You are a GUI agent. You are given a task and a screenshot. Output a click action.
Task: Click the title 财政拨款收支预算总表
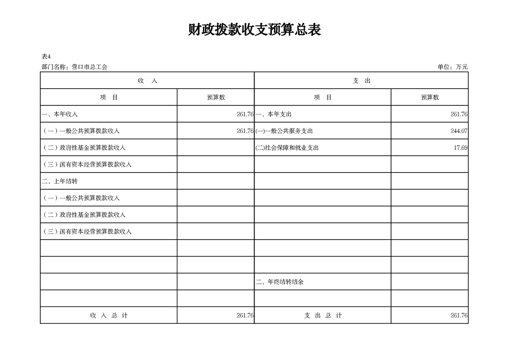click(254, 30)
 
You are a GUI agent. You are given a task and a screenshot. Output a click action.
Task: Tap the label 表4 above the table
click(46, 57)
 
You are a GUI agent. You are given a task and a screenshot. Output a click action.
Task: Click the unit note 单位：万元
click(452, 67)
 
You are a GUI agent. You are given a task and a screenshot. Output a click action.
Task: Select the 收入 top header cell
click(147, 80)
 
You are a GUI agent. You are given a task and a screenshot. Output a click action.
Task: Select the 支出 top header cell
click(362, 80)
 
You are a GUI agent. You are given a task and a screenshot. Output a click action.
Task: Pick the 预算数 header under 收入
click(216, 97)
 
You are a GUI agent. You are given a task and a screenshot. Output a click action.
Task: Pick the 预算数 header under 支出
click(430, 97)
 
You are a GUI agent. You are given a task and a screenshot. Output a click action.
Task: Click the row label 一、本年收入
click(60, 114)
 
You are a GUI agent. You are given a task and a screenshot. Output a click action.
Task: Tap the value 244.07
click(459, 131)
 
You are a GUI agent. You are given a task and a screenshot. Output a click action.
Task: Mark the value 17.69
click(460, 148)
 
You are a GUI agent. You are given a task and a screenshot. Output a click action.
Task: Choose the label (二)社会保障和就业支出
click(287, 148)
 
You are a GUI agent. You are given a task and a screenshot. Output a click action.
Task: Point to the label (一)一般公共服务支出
click(284, 131)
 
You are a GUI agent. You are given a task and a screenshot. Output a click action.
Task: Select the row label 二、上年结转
click(60, 181)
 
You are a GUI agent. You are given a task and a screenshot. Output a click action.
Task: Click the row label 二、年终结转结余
click(279, 282)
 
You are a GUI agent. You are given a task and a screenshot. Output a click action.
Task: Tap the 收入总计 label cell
click(109, 316)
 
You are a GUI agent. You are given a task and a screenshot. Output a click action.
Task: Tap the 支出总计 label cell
click(323, 316)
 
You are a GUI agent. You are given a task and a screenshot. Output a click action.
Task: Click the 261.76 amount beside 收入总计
click(245, 316)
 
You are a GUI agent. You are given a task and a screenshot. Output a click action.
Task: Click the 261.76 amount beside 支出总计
click(459, 316)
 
